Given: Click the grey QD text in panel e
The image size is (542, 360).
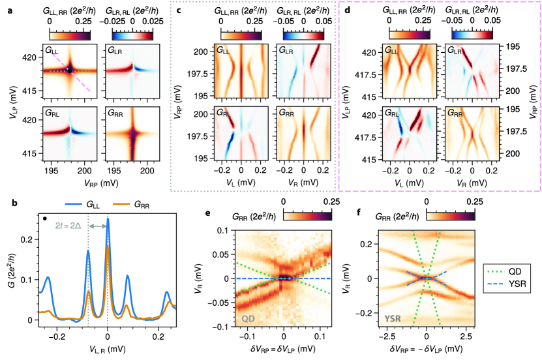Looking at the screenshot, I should (248, 318).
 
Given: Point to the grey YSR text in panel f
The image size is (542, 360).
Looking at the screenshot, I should (394, 318).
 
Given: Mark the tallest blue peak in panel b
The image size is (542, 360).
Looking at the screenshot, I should (108, 220).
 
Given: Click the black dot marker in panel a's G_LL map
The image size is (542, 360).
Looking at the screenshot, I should (68, 70).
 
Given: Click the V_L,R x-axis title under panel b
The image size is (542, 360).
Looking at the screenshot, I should (108, 350).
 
